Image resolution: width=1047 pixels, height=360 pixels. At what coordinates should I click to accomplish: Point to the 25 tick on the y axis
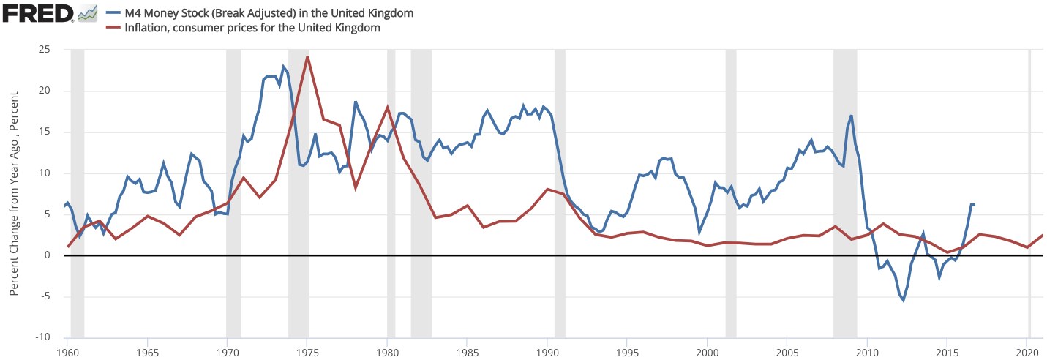[x=54, y=50]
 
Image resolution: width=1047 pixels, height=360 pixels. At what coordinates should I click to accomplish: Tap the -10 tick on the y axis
[x=52, y=337]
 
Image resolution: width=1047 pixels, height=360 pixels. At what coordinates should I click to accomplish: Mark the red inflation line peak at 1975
[x=307, y=56]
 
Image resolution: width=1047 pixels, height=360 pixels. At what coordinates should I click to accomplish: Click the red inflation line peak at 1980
[x=387, y=107]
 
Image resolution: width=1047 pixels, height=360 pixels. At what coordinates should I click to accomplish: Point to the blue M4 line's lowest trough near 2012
[x=904, y=300]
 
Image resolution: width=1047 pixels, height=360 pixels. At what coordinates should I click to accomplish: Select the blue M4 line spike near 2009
[x=852, y=116]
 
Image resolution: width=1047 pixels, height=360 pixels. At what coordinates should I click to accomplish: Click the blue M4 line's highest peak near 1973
[x=283, y=67]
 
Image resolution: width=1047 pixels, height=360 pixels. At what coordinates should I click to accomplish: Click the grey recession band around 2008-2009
[x=845, y=190]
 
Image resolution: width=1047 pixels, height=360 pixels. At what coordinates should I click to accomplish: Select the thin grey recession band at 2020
[x=1029, y=190]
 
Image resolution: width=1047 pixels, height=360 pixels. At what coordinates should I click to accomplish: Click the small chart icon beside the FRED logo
[x=88, y=13]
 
